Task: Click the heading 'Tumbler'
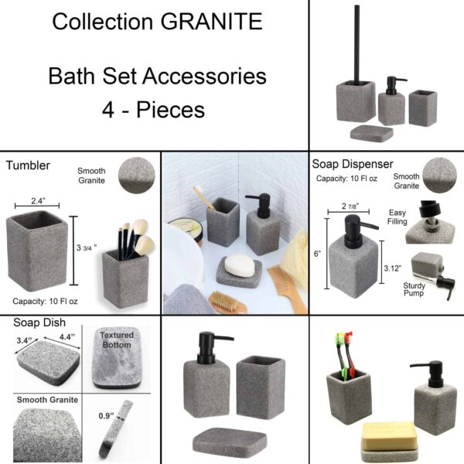click(x=29, y=165)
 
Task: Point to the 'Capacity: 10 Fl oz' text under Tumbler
click(x=53, y=301)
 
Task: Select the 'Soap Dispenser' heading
click(x=353, y=164)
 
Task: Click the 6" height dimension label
click(x=316, y=253)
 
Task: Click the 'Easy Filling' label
click(x=397, y=218)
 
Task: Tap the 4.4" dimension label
click(x=66, y=338)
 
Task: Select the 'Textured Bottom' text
click(x=117, y=340)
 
